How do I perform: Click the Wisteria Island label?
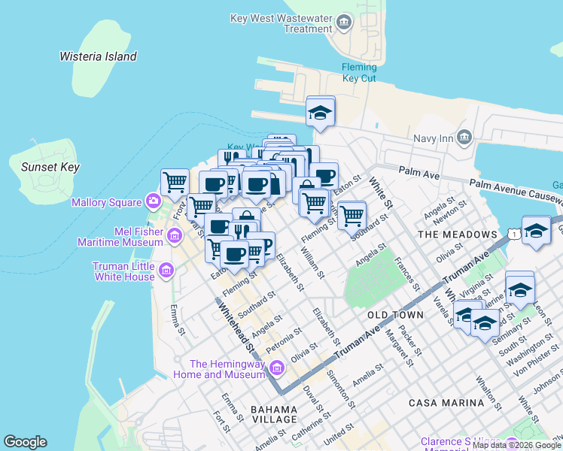coord(98,56)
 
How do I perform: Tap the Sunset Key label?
coord(50,167)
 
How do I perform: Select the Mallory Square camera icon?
coord(154,201)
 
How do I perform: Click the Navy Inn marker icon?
coord(464,137)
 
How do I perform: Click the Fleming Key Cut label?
coord(359,72)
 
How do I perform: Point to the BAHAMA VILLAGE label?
coord(275,414)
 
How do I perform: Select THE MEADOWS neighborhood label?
coord(458,235)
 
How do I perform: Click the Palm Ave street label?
coord(418,174)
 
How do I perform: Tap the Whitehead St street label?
coord(235,324)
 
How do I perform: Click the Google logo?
coord(25,442)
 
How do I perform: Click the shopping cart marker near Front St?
coord(175,181)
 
